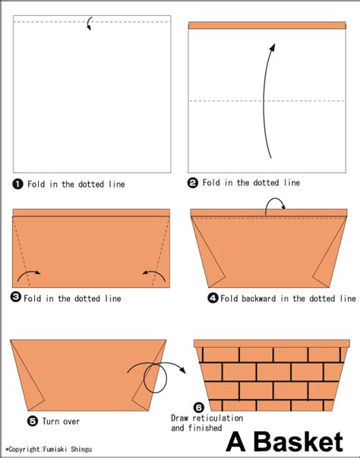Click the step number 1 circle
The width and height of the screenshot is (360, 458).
[x=17, y=184]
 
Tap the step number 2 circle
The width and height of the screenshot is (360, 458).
[x=193, y=183]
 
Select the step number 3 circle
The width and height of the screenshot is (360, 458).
[x=15, y=297]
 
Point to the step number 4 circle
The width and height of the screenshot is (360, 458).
[x=213, y=298]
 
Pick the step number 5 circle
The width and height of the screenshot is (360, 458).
[x=33, y=421]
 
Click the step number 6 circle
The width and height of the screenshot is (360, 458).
[x=199, y=407]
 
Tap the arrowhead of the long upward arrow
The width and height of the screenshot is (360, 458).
[x=273, y=48]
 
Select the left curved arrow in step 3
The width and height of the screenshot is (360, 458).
[x=29, y=272]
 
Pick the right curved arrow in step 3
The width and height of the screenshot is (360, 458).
[x=154, y=272]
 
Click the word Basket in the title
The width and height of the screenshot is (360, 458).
[x=298, y=442]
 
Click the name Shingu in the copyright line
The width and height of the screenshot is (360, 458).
[x=81, y=449]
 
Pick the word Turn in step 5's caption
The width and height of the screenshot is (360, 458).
[x=50, y=422]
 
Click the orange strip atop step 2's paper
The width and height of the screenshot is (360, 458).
[x=267, y=25]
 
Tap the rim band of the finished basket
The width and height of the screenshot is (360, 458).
[x=272, y=343]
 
